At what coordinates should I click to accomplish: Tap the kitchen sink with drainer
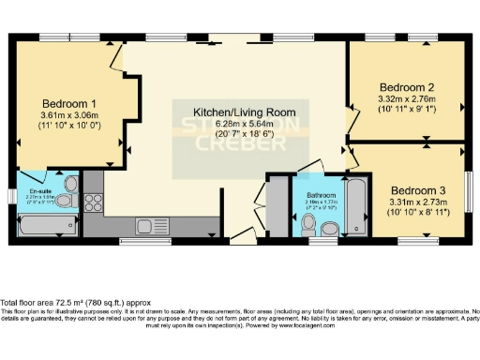point(149,226)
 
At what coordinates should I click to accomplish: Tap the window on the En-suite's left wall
point(10,196)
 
